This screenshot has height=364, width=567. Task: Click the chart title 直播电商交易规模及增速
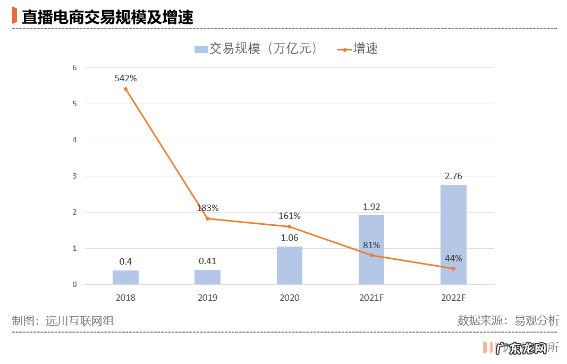click(x=107, y=16)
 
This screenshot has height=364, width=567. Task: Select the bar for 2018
click(x=125, y=277)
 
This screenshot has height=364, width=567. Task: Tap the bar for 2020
click(x=290, y=266)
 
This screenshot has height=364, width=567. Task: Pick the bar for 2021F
click(x=371, y=250)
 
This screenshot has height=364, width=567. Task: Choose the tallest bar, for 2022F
click(x=453, y=234)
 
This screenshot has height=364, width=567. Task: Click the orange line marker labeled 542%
click(x=125, y=89)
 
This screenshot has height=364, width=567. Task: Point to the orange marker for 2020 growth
click(x=290, y=226)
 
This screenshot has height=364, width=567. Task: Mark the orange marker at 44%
click(x=453, y=268)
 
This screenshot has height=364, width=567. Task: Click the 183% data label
click(x=207, y=208)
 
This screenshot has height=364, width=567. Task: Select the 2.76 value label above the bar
click(x=453, y=176)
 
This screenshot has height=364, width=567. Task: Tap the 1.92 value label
click(x=371, y=207)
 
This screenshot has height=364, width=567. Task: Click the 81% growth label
click(x=371, y=245)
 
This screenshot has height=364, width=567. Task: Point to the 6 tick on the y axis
click(x=75, y=67)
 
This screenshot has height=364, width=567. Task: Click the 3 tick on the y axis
click(x=75, y=176)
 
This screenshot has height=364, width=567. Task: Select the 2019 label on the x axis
click(x=207, y=298)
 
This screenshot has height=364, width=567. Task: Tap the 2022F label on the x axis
click(x=453, y=298)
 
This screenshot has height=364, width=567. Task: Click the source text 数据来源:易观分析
click(x=508, y=320)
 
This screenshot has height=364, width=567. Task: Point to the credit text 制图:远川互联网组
click(x=63, y=320)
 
